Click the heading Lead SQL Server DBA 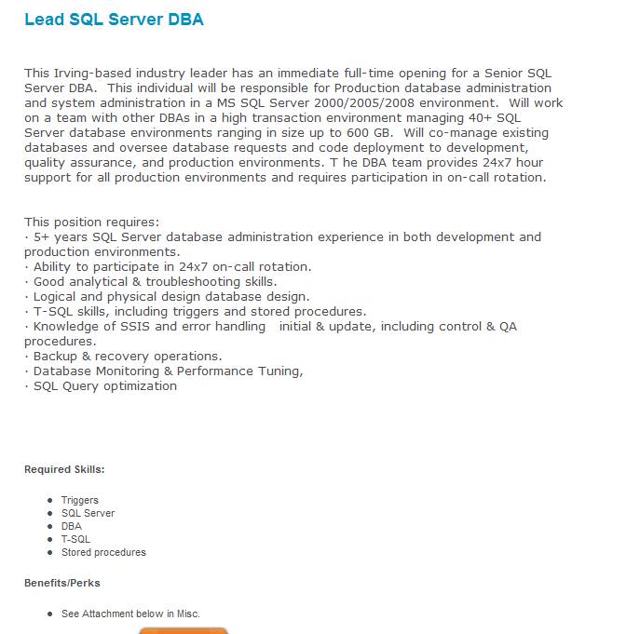(114, 20)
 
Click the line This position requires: (91, 222)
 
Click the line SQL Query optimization (104, 385)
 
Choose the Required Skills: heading (64, 470)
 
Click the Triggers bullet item (80, 500)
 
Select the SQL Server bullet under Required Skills (89, 513)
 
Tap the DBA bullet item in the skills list (72, 526)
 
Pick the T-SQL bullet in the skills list (76, 539)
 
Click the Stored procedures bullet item (103, 552)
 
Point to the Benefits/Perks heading (62, 583)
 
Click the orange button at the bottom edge (184, 629)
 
